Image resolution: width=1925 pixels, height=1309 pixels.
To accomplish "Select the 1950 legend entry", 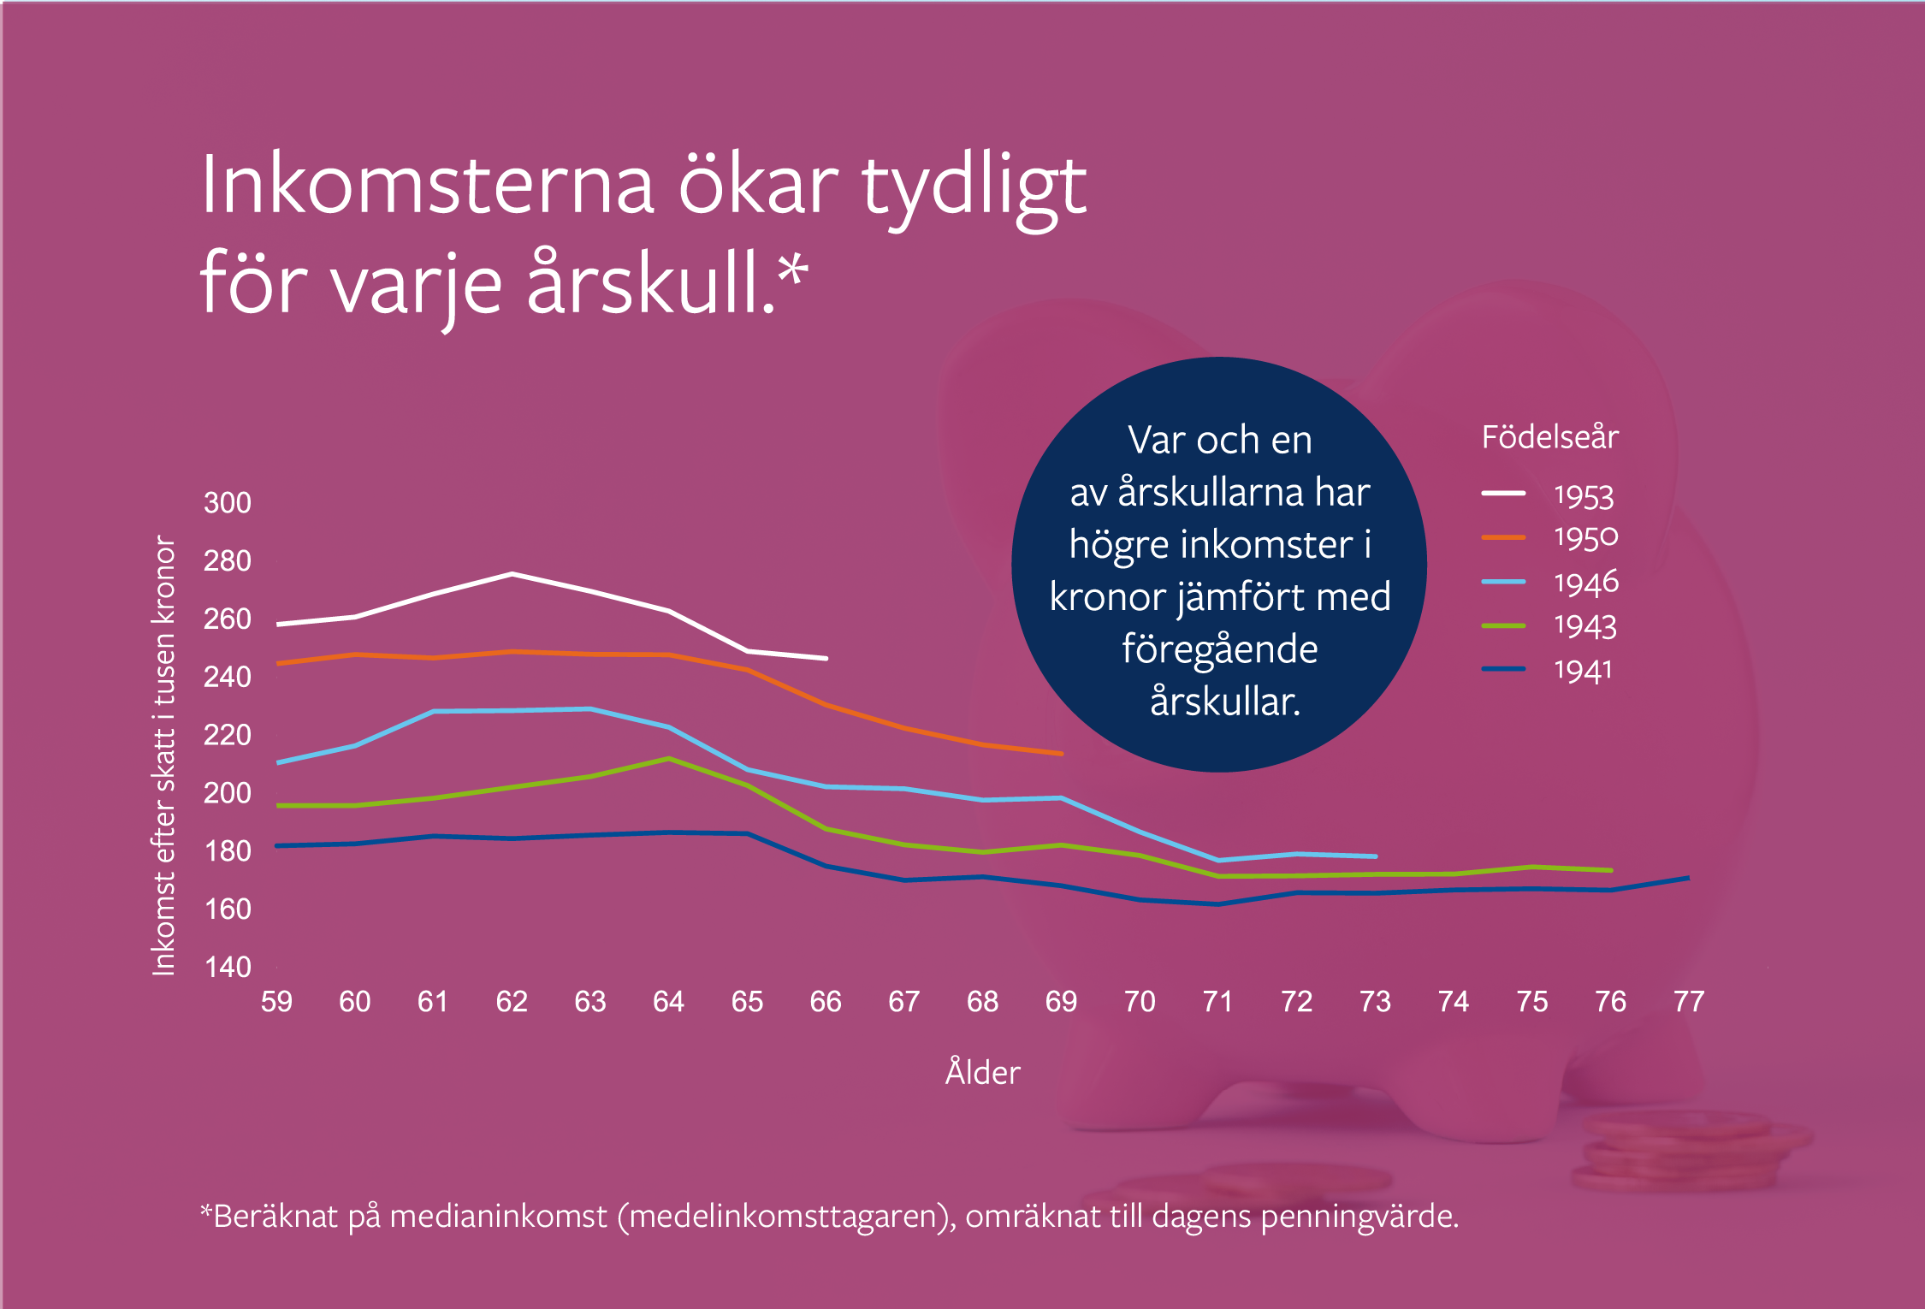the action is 1549,537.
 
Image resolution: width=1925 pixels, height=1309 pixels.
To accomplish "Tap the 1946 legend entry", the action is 1549,583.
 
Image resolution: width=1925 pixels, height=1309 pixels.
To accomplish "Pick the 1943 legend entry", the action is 1549,626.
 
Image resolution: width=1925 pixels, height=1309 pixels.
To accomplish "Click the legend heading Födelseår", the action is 1549,437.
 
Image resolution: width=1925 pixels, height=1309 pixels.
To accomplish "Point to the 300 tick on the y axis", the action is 228,502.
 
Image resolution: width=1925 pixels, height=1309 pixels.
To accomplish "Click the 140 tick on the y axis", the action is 228,967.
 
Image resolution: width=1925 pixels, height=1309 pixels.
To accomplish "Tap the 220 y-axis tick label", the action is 228,735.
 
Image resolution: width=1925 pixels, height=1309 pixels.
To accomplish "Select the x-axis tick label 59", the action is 276,1001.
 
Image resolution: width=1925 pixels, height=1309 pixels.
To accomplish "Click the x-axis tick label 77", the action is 1689,1001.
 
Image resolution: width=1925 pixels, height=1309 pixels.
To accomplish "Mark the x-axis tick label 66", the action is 826,1001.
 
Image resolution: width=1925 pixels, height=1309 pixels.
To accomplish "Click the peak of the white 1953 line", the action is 512,573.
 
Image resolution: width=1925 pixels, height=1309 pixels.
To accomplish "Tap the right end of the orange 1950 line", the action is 1062,754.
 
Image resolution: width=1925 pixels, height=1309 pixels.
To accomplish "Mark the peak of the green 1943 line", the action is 669,759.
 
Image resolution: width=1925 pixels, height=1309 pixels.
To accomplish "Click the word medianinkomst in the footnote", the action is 498,1216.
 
